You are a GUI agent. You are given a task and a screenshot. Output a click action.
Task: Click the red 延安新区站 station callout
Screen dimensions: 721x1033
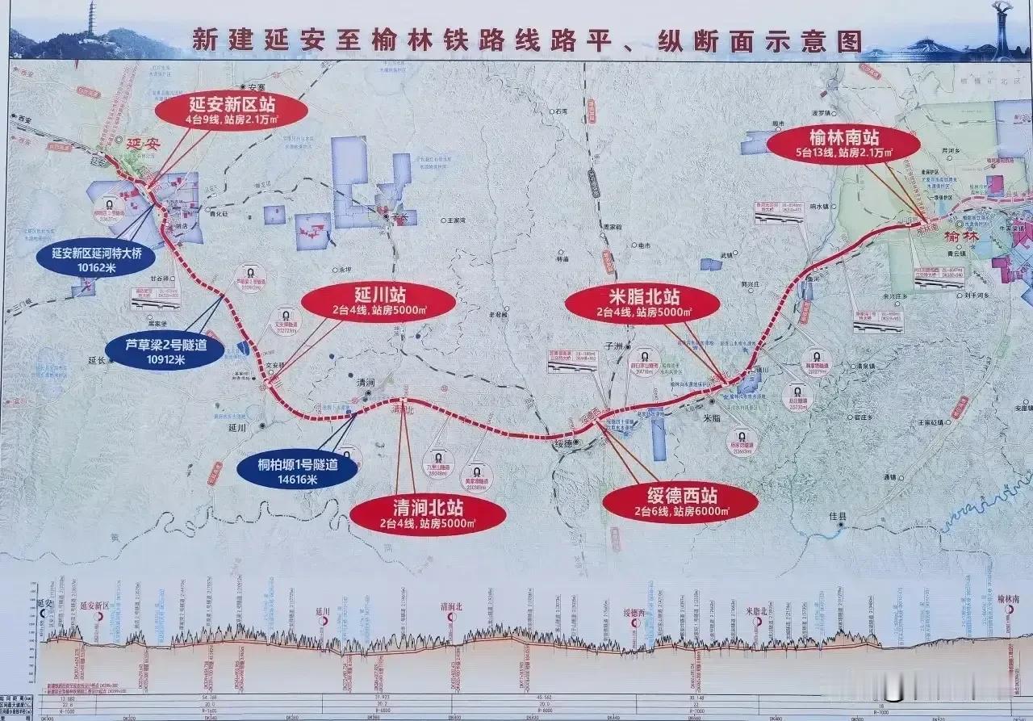230,112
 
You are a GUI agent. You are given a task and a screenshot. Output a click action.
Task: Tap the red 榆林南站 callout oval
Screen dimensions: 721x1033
843,143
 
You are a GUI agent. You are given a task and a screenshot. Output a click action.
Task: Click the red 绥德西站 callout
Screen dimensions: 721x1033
680,502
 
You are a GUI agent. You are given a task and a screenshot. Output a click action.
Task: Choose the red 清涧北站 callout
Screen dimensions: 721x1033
428,514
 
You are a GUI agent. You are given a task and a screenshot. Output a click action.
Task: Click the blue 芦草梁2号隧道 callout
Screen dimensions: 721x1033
165,352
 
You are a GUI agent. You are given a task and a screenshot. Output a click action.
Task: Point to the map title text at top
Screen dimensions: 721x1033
516,41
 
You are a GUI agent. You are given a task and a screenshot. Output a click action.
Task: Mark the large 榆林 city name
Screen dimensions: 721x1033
960,237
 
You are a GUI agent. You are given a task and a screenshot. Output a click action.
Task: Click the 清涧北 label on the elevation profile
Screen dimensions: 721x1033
450,606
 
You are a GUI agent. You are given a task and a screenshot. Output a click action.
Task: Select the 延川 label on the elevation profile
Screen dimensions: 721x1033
323,611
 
